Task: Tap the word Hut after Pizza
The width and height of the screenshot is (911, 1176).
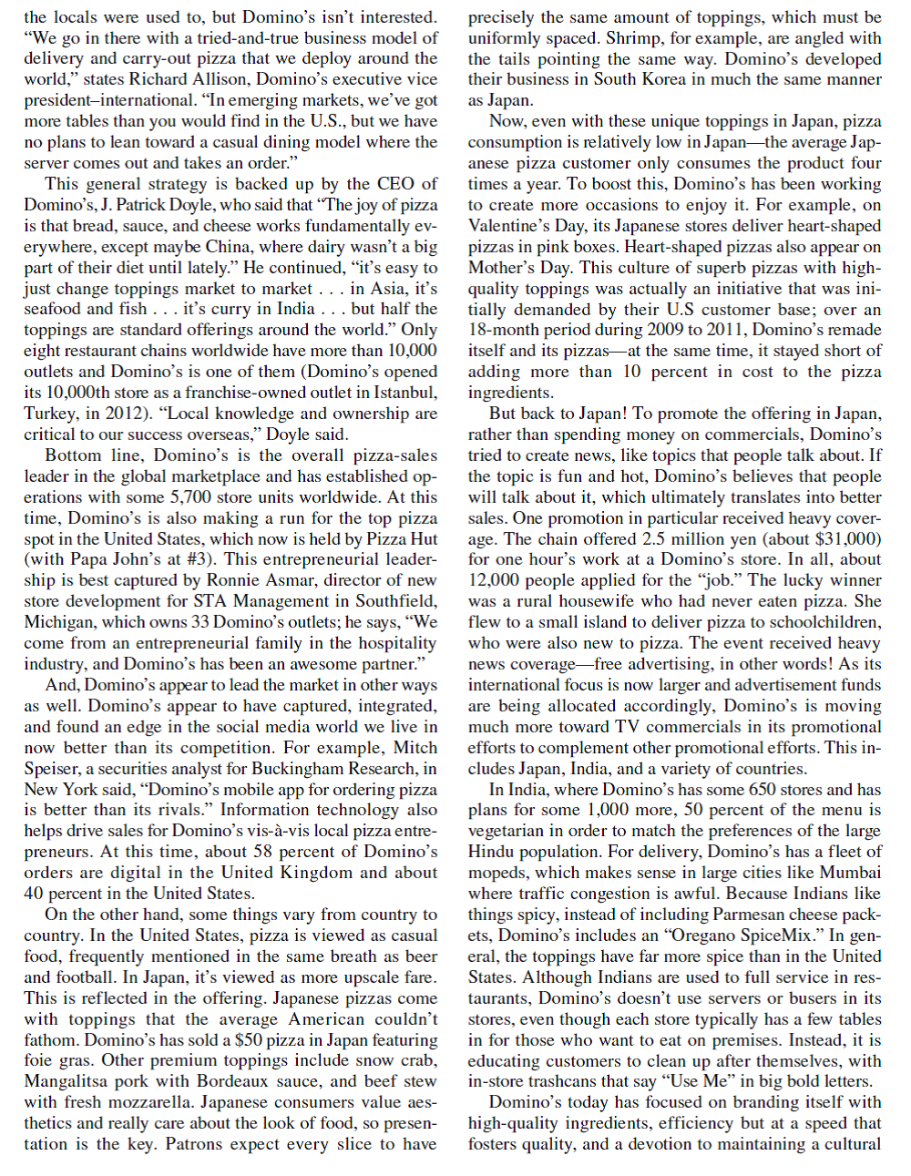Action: point(422,539)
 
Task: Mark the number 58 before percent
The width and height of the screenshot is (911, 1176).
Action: point(264,852)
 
